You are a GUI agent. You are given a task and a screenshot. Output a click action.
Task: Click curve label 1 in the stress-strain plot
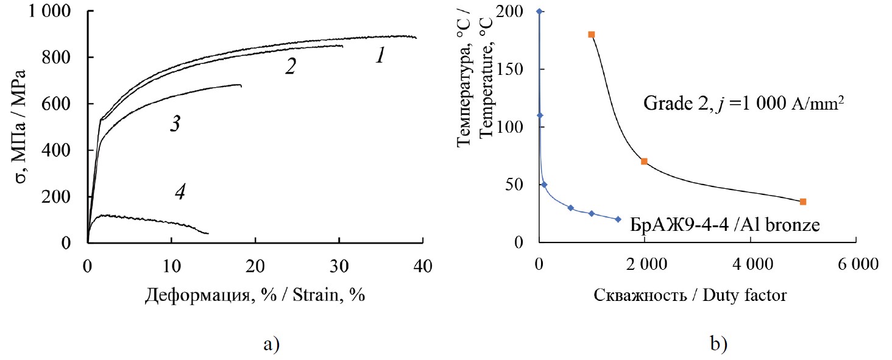coord(380,57)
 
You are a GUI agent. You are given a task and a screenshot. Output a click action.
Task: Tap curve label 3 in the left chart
coord(174,125)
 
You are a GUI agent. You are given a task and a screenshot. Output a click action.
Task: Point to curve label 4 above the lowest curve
coord(180,192)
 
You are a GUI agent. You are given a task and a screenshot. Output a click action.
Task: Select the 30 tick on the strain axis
coord(339,267)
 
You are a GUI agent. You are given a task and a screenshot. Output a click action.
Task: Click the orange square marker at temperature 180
coord(591,34)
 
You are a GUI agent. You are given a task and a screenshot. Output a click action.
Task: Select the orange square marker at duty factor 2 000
coord(644,161)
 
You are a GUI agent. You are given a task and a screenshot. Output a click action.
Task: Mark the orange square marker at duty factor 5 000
coord(803,202)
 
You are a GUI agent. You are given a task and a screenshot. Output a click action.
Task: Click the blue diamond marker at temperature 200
coord(539,12)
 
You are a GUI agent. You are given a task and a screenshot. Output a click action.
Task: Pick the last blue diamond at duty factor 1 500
coord(618,219)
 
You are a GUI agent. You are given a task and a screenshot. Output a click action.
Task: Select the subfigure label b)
coord(718,344)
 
